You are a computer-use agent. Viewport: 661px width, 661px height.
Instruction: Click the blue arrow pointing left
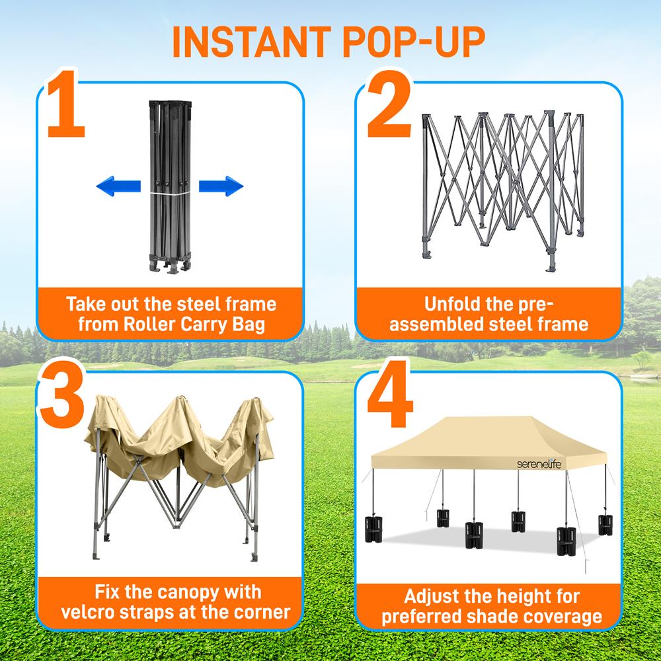point(118,186)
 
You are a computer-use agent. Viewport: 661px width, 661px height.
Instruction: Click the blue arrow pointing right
point(221,186)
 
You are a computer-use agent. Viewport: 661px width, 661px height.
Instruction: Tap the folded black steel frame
point(170,185)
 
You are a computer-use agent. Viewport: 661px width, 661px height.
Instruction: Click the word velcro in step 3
point(92,611)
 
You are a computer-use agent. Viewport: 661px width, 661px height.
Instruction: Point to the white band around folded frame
point(170,194)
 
